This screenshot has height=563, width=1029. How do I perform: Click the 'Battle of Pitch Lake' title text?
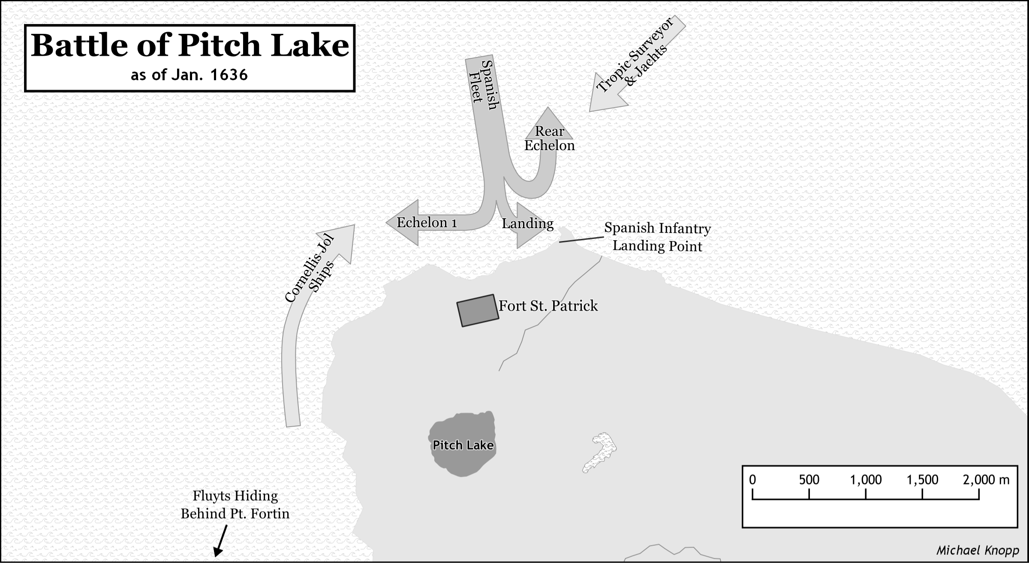(190, 45)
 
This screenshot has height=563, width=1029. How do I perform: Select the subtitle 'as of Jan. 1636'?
(189, 75)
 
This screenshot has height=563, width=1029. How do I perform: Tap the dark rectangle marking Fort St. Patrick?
(478, 310)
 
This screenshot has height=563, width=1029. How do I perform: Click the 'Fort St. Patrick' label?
(548, 306)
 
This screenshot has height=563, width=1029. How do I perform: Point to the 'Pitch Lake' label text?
(463, 445)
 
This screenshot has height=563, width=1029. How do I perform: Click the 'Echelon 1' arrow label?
(427, 223)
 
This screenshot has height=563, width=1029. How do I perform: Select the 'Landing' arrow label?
(527, 223)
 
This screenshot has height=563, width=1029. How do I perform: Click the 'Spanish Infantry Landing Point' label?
(657, 237)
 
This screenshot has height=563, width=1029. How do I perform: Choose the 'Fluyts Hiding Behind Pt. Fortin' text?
(235, 505)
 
